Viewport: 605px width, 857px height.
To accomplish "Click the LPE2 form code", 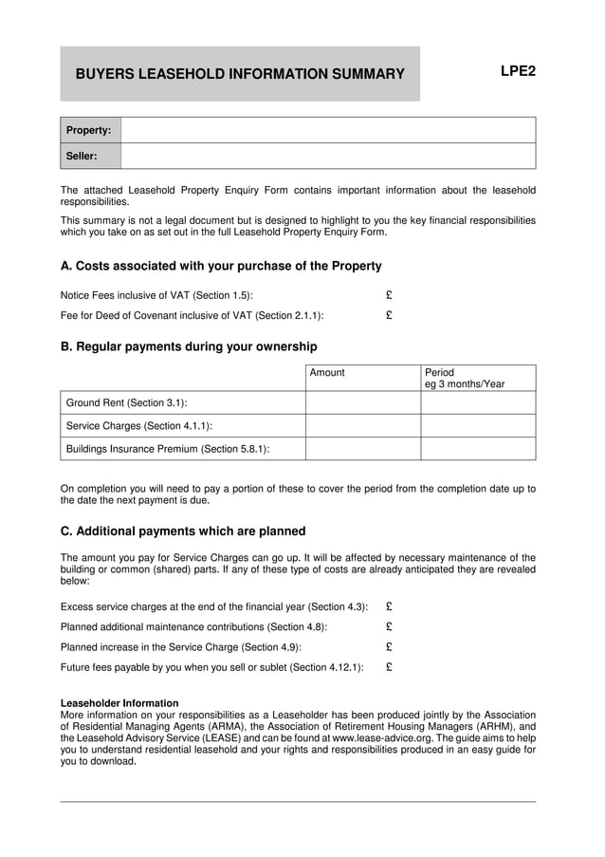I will (x=517, y=71).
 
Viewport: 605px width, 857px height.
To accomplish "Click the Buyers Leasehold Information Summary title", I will (x=240, y=74).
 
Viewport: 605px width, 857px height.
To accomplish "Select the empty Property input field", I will (x=327, y=130).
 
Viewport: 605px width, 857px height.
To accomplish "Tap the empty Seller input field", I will (x=327, y=156).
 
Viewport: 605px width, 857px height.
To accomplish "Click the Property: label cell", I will (x=90, y=130).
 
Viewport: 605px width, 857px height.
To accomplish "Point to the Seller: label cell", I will (x=90, y=156).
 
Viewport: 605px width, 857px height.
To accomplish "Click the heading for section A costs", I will (x=221, y=266).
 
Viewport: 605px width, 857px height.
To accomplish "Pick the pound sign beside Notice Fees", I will (x=389, y=295).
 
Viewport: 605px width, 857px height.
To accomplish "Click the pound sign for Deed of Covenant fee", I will (x=389, y=315).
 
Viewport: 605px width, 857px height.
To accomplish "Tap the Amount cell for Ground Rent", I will (x=362, y=402).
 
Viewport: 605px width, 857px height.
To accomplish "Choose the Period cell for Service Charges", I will (x=478, y=425).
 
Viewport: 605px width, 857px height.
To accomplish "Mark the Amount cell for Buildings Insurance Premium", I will (x=362, y=448).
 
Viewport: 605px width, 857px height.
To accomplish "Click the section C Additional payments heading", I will (x=183, y=531).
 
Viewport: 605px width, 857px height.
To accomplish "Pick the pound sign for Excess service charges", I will (x=389, y=605).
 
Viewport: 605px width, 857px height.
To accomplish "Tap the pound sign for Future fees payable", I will (x=389, y=667).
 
